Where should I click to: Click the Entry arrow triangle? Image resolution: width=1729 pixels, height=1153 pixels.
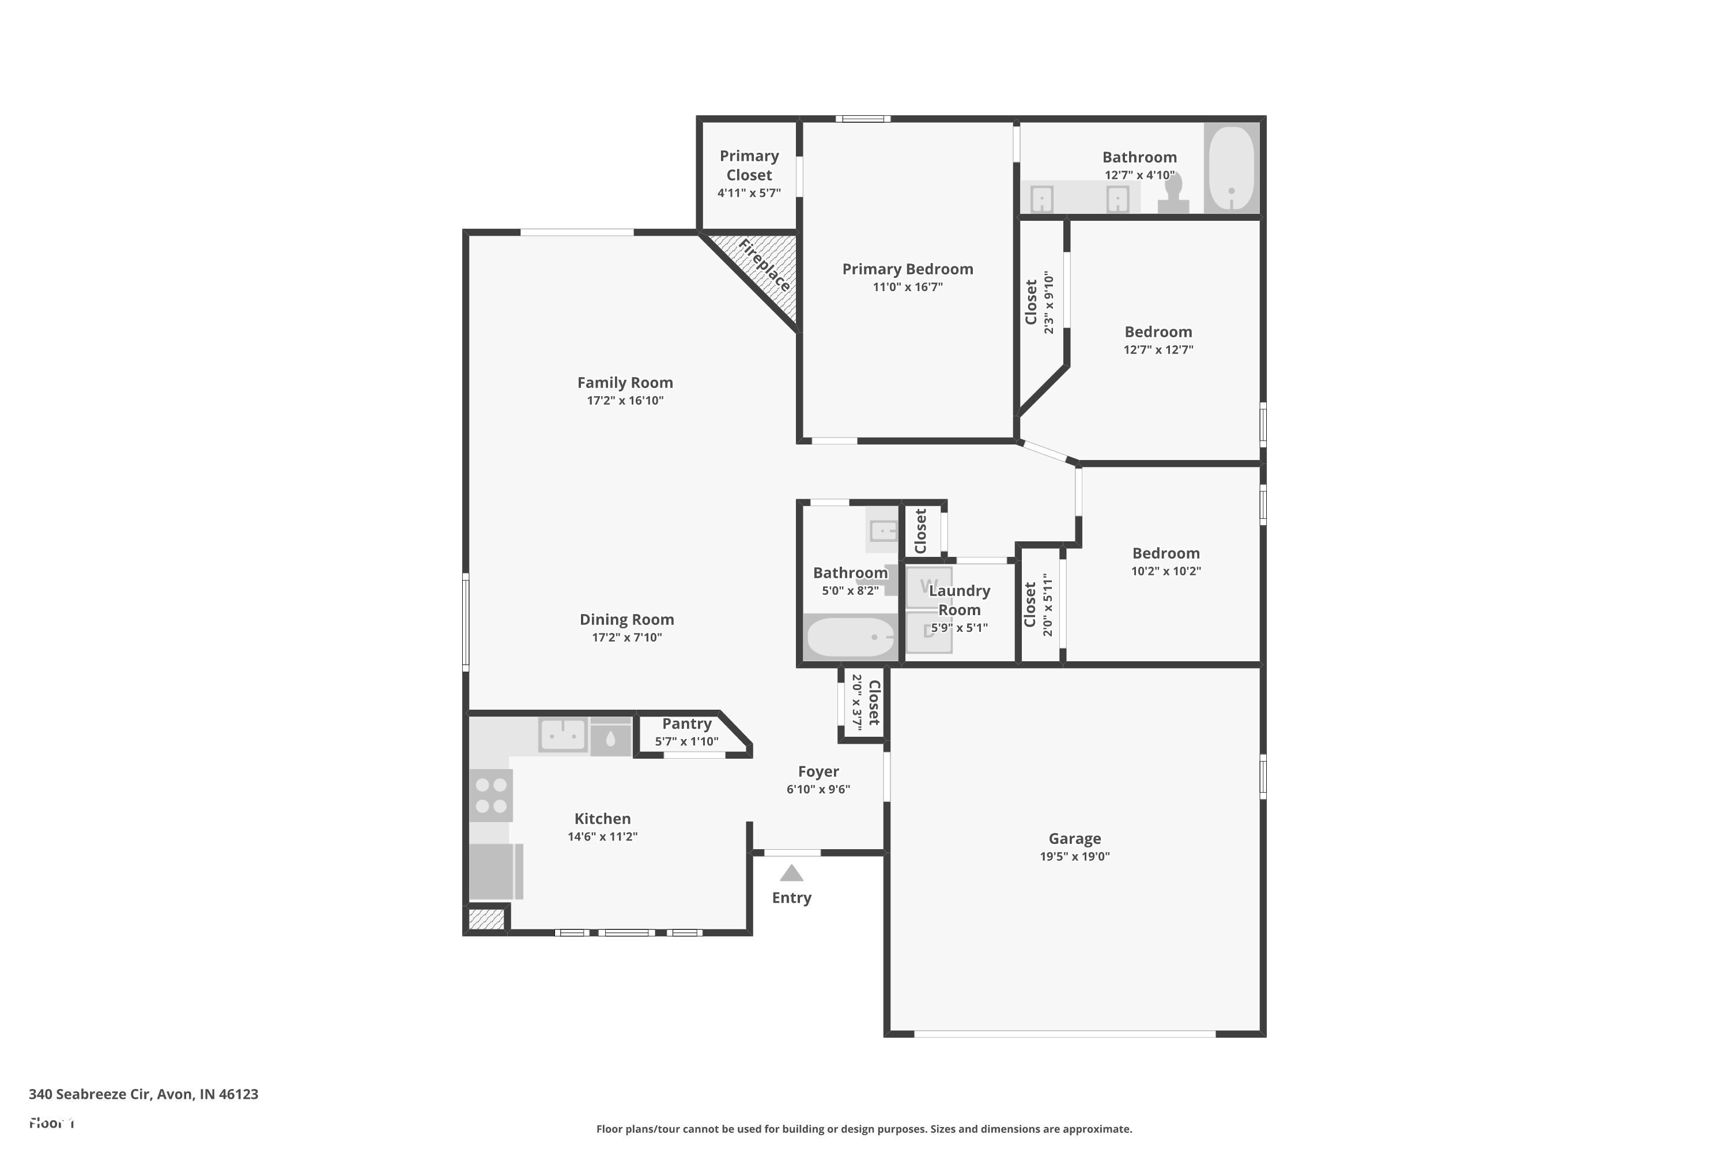791,873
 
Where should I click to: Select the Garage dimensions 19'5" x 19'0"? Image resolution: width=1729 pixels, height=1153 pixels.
1074,856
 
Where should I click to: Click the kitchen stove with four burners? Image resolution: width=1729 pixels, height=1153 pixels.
491,795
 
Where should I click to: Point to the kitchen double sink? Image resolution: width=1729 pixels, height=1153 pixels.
563,734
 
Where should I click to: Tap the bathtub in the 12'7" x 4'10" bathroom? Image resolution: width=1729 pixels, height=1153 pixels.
1231,168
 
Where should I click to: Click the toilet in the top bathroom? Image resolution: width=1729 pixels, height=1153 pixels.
1173,194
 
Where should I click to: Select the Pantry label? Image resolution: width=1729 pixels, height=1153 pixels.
686,724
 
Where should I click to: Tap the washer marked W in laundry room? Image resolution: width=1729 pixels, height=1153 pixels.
928,587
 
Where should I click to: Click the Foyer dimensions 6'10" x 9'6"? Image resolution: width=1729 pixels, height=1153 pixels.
818,789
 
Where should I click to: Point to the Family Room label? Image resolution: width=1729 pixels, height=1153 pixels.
625,382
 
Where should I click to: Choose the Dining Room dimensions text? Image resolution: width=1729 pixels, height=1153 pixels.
626,638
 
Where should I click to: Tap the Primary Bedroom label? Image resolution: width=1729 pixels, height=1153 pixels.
907,269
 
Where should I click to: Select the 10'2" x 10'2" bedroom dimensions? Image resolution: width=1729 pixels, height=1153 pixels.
1165,571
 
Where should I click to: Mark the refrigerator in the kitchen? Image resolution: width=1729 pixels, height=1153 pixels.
493,871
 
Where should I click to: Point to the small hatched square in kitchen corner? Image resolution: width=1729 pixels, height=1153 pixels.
486,919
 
